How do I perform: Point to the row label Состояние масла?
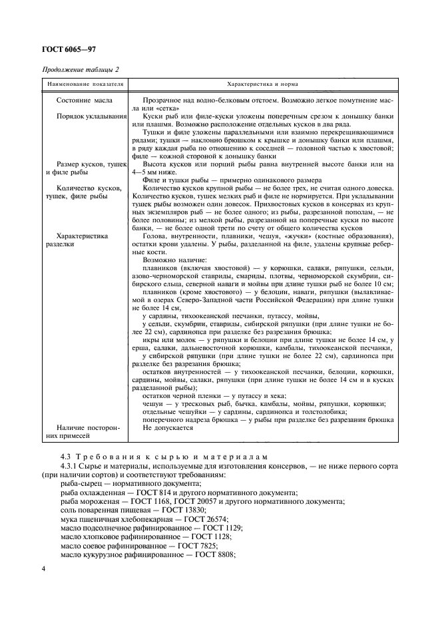(85, 101)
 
